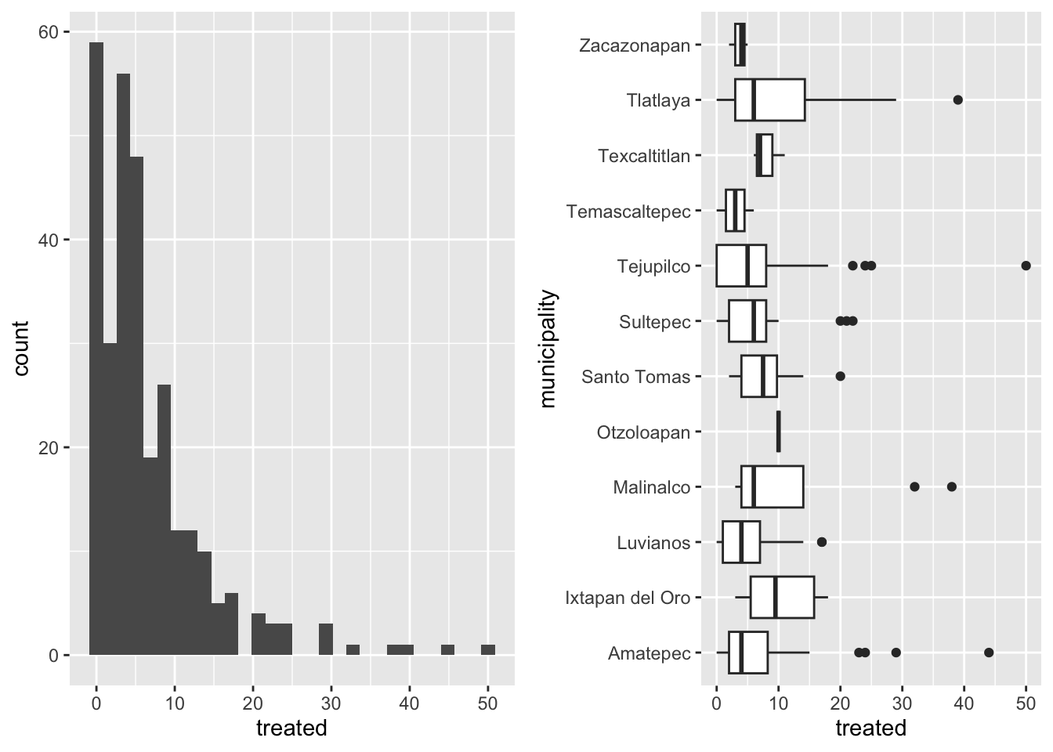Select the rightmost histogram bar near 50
488,649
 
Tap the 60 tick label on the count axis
49,32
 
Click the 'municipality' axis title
548,349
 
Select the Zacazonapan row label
635,45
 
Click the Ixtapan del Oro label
628,598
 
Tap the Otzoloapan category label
643,432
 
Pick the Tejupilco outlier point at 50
1026,266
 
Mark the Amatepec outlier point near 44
989,653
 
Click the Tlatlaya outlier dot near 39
957,99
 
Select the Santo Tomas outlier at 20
840,376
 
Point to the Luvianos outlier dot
821,542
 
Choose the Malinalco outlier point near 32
914,486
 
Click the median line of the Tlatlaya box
753,99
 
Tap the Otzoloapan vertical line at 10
778,432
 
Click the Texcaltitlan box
765,155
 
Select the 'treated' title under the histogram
291,728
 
